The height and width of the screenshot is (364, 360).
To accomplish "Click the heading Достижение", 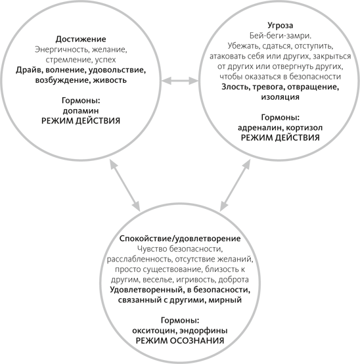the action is (81, 39).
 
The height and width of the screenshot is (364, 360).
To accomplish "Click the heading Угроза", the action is (280, 26).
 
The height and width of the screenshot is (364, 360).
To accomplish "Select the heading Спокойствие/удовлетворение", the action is (180, 239).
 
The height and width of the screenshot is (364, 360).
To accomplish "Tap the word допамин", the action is (81, 111).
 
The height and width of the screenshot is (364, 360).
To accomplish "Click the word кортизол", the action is (304, 127).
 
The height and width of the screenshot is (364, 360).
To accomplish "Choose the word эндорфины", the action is (204, 330).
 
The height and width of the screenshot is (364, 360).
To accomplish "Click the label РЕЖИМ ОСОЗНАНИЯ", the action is (180, 341).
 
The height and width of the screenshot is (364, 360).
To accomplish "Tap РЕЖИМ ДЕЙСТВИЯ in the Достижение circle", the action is (81, 121).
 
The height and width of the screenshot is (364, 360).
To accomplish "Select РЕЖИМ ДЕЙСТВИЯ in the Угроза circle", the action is (280, 138).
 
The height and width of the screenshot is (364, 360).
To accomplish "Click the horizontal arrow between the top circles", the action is (179, 81).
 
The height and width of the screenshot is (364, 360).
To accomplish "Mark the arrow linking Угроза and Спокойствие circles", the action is (235, 185).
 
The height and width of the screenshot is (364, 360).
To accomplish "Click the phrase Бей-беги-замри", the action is (280, 35).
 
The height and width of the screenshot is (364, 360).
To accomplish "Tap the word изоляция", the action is (280, 97).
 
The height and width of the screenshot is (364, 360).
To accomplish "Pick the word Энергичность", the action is (62, 49).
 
